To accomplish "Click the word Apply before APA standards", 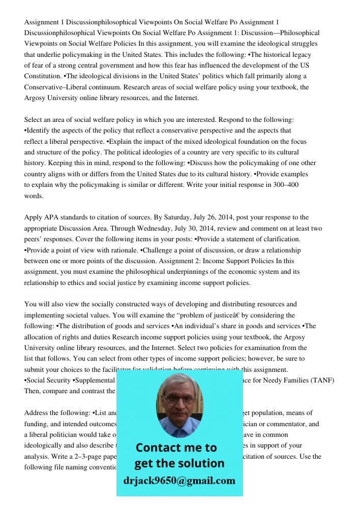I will (x=34, y=218).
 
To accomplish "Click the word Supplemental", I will (x=95, y=380).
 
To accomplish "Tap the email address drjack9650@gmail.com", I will (x=179, y=481).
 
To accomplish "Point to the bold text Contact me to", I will (x=176, y=448).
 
